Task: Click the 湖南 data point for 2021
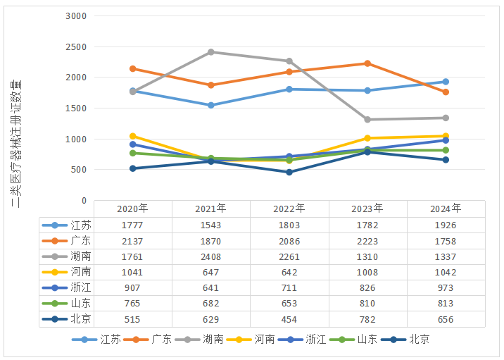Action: [x=211, y=52]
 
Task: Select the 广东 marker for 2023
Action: [x=367, y=63]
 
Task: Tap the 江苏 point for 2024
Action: [x=446, y=82]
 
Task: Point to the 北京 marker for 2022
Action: [x=289, y=172]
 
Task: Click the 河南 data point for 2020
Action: [x=133, y=136]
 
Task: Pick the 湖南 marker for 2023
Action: [x=367, y=120]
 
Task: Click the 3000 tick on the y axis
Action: [x=75, y=15]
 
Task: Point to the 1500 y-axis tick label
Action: [x=75, y=108]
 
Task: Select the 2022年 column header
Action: [x=289, y=209]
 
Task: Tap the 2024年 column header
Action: [x=446, y=209]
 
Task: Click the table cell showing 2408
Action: [x=211, y=256]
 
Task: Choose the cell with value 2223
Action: [x=367, y=241]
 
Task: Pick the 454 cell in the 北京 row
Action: [x=289, y=319]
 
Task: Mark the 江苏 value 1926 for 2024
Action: [x=446, y=225]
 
